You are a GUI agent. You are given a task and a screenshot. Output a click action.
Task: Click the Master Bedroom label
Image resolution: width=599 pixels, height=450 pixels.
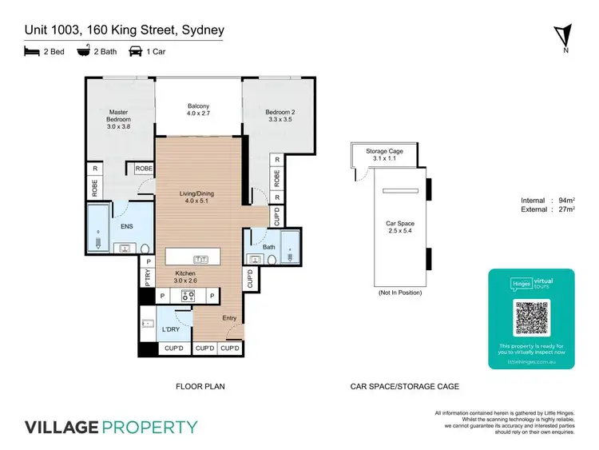[x=119, y=120]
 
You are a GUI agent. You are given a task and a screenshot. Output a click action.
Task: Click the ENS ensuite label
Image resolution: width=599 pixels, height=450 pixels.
[x=126, y=226]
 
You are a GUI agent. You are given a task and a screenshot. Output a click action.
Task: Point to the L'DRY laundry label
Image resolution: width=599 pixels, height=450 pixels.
[x=170, y=329]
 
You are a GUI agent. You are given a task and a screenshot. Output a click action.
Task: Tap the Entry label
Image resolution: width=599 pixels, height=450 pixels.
[x=230, y=317]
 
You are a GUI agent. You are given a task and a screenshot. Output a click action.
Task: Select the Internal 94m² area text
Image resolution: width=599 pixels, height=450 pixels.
[x=547, y=201]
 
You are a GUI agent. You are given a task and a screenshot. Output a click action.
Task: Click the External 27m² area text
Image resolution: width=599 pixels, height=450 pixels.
[x=547, y=210]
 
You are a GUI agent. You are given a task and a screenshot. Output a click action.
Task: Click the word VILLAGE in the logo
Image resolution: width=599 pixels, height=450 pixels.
[x=61, y=427]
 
